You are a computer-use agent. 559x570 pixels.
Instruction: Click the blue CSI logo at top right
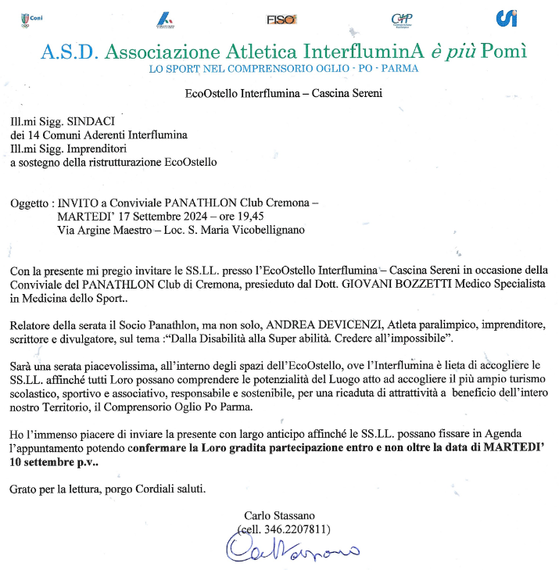(507, 18)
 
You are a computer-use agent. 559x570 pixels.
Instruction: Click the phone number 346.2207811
(296, 529)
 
